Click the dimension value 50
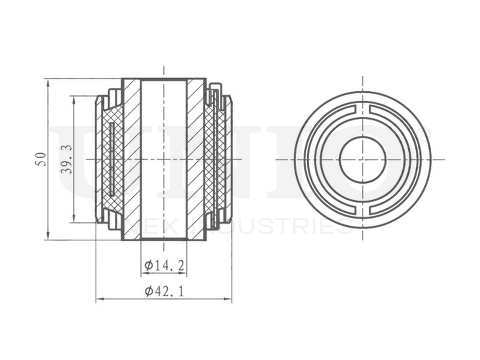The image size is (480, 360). tap(42, 159)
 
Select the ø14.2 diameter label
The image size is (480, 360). tap(164, 265)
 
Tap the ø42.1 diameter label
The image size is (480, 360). tap(164, 291)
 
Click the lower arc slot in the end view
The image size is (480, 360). tap(363, 210)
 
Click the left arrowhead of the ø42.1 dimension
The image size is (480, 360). tap(99, 300)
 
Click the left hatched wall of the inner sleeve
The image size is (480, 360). tap(131, 159)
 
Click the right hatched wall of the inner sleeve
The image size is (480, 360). tap(196, 159)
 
